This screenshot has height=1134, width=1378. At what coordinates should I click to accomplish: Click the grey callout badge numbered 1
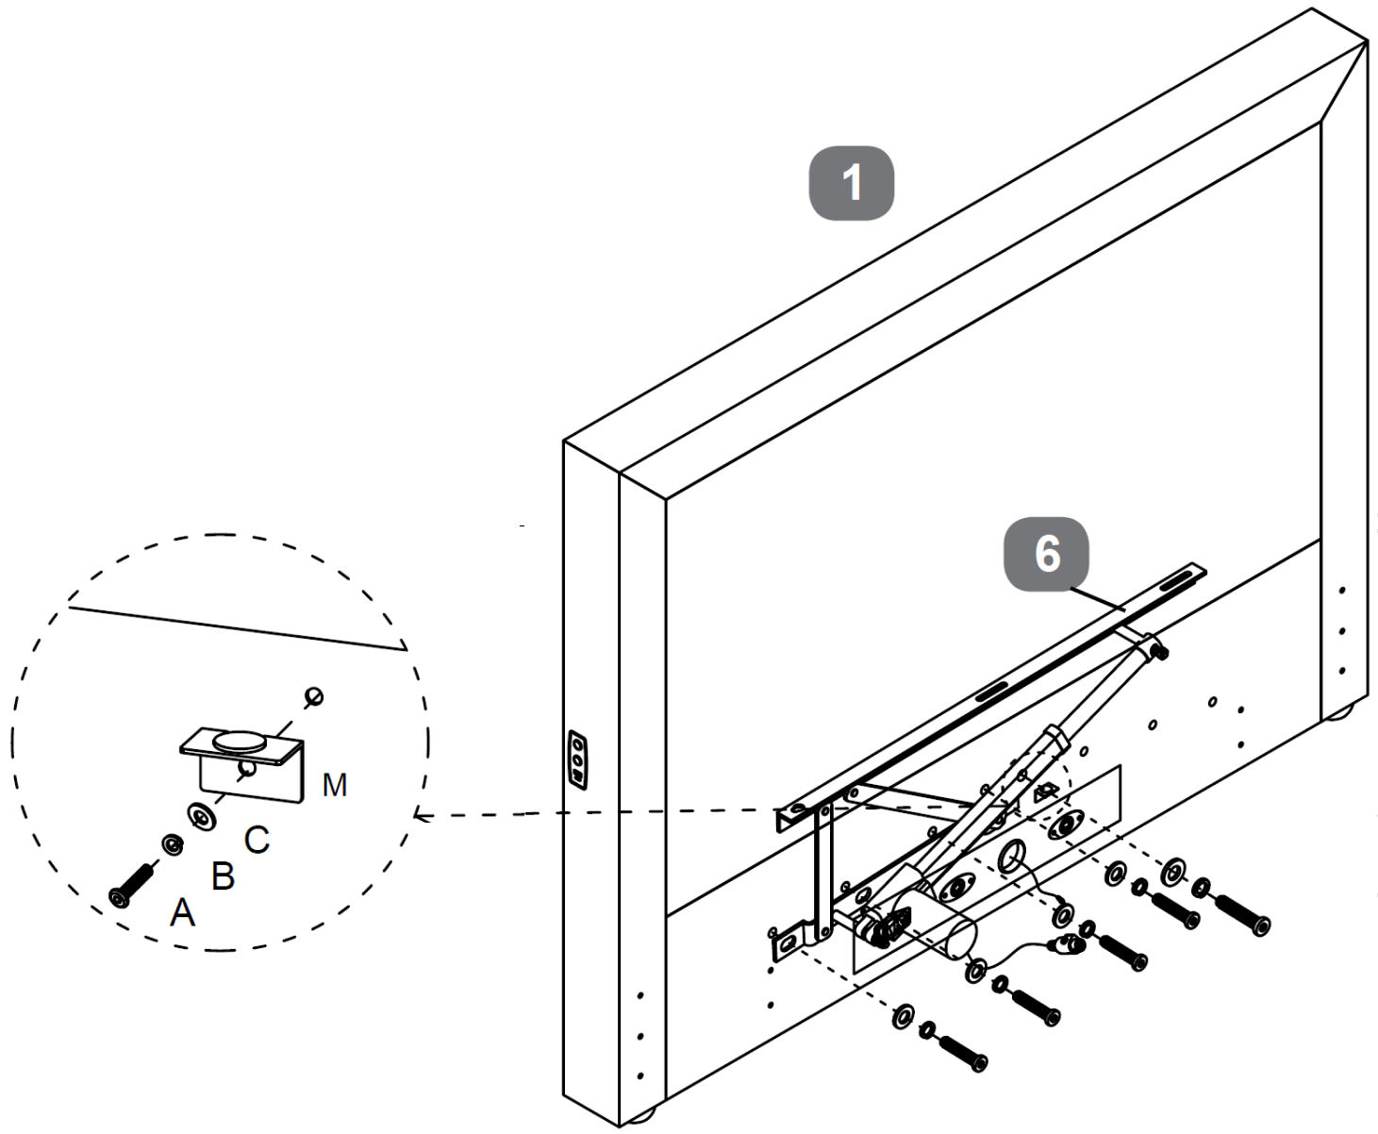click(x=852, y=183)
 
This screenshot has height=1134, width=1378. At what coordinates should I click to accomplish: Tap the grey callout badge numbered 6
click(x=1046, y=554)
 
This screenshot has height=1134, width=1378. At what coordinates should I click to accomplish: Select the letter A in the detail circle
click(x=182, y=911)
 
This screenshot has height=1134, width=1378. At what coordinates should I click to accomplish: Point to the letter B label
click(x=223, y=876)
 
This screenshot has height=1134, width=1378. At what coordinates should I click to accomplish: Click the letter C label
click(x=257, y=840)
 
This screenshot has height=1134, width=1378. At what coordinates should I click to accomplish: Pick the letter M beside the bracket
click(x=335, y=785)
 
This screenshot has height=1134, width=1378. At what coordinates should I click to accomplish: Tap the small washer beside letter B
click(x=173, y=845)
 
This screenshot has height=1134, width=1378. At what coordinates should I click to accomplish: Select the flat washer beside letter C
click(x=202, y=816)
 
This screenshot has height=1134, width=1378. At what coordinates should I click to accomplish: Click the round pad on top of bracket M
click(x=240, y=742)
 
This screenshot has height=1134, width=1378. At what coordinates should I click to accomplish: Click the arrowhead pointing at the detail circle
click(x=419, y=816)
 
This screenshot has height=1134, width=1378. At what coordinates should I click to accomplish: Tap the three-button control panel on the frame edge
click(x=578, y=760)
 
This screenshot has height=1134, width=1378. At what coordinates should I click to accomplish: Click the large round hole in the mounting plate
click(x=1012, y=857)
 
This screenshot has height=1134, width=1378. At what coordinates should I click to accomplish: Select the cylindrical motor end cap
click(x=960, y=940)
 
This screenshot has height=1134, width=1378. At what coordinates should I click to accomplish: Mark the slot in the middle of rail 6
click(x=992, y=691)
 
